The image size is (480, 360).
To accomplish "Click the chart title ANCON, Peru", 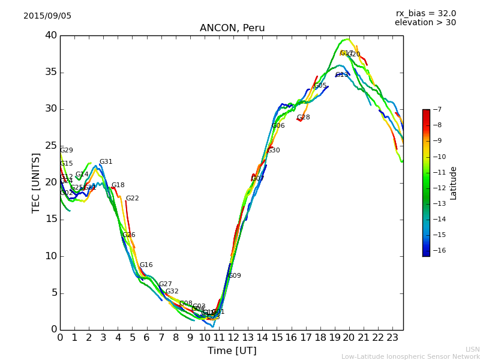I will tap(232, 28).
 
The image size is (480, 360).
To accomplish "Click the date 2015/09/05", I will tap(47, 16).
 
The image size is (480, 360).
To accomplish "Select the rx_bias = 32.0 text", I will tap(425, 13).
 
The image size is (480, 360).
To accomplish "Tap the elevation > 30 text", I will tap(425, 23).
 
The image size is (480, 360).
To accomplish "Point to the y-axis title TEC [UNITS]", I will tap(36, 182).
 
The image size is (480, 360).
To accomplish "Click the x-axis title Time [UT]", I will tap(232, 351).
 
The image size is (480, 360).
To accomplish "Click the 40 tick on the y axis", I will tap(50, 35).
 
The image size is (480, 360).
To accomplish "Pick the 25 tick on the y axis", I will tap(50, 146).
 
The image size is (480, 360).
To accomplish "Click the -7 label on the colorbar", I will tap(437, 110).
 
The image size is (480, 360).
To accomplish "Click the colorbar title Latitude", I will tap(454, 183).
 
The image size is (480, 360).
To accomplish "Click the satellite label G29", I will tap(67, 151).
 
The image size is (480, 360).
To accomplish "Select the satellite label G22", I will tap(132, 199).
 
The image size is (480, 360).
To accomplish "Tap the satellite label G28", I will tap(304, 118).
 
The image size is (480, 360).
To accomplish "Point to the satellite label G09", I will tap(235, 276).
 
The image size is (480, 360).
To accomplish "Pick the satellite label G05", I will tap(320, 86).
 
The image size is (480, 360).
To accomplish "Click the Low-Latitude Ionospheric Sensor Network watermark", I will tap(410, 357).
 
